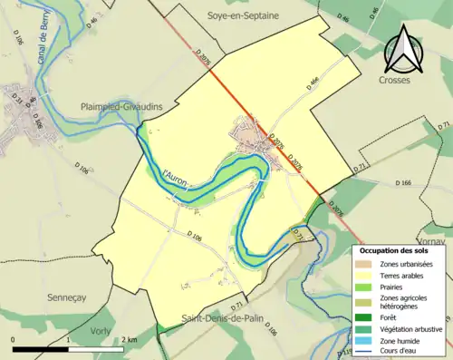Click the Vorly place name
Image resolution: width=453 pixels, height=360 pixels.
104,332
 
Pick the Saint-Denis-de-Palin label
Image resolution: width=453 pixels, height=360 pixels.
223,318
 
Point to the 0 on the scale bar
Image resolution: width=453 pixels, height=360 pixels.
14,340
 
